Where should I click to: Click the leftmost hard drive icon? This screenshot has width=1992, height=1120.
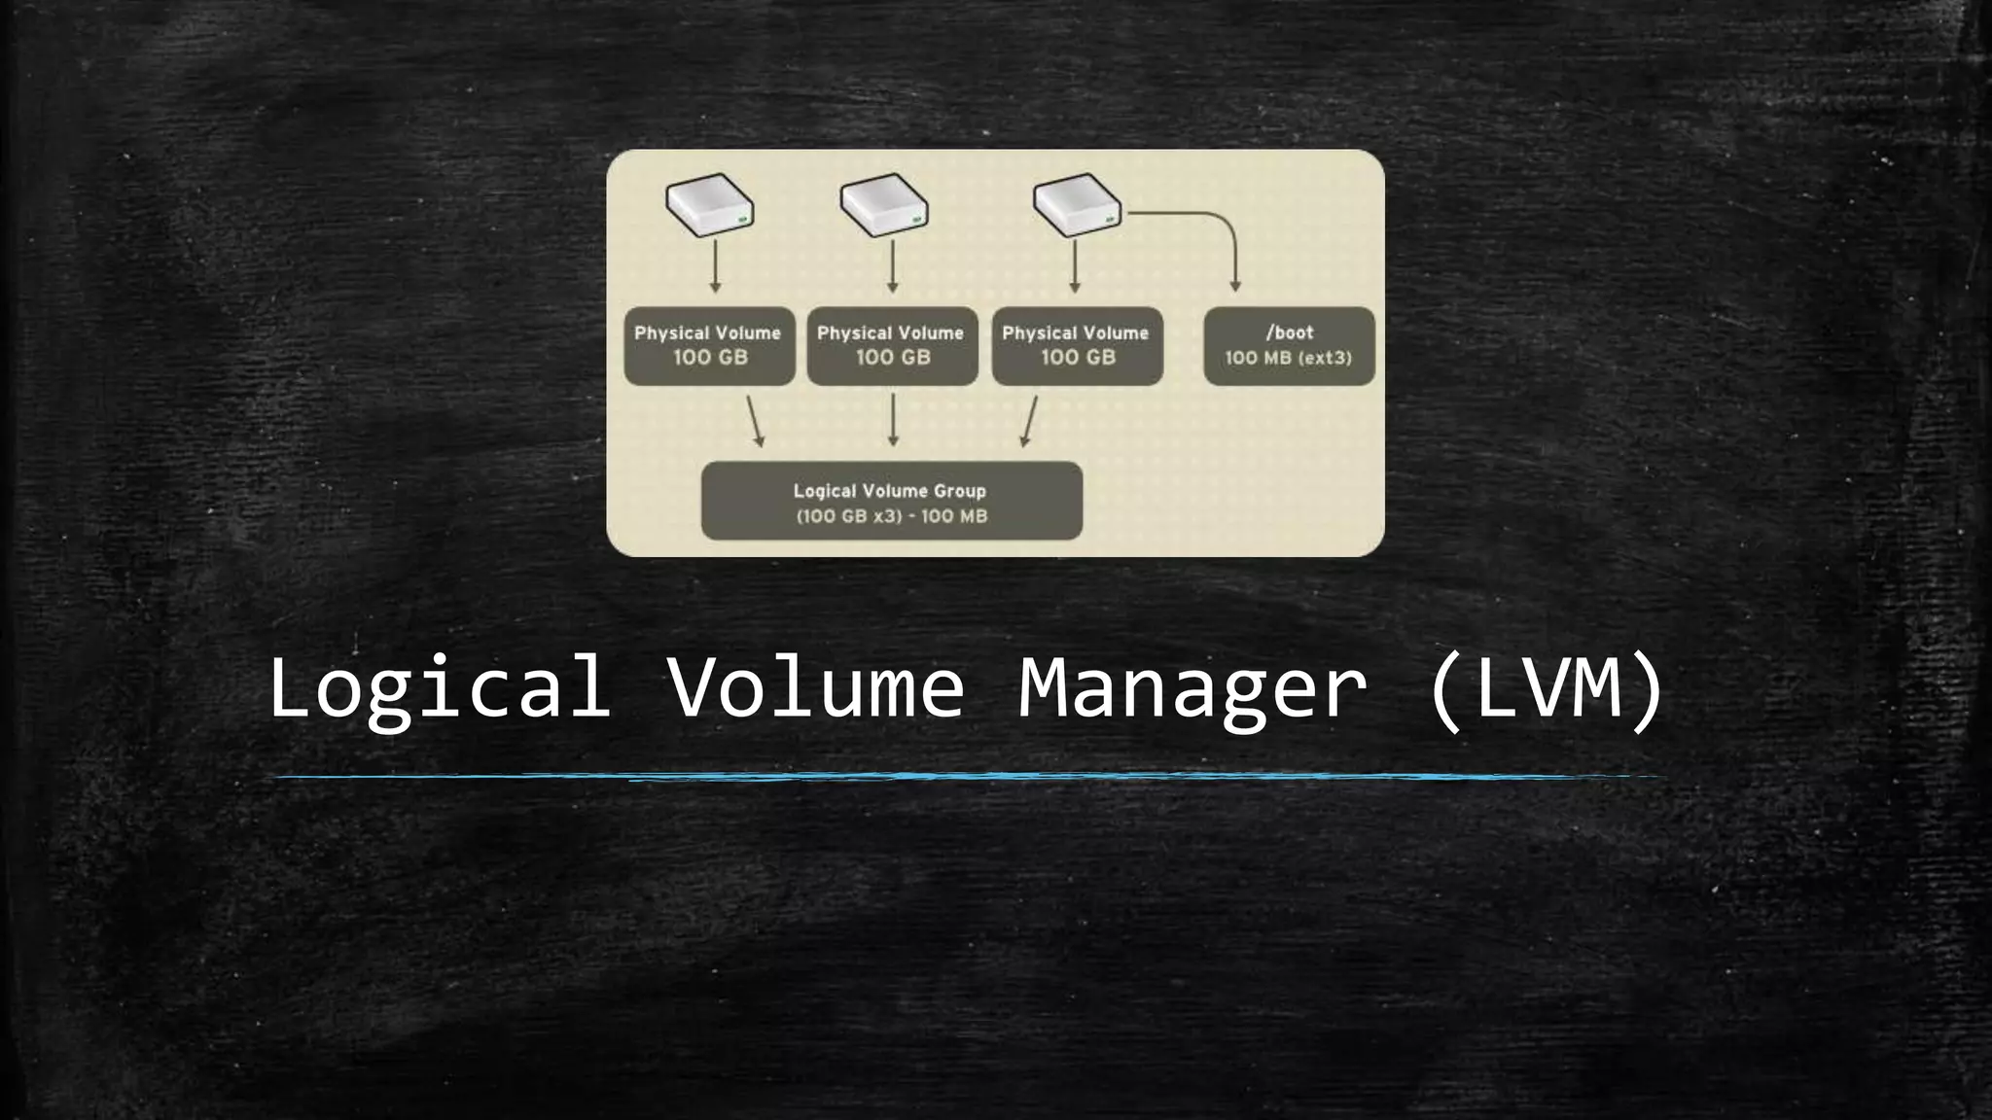point(709,205)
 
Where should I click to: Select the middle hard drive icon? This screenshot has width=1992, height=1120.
point(884,205)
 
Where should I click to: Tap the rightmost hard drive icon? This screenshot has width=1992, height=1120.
point(1077,205)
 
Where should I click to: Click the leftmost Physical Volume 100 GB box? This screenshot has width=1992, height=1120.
point(709,346)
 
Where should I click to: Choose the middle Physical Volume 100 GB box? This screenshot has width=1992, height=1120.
point(892,346)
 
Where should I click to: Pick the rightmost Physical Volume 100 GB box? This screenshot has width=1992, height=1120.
point(1077,346)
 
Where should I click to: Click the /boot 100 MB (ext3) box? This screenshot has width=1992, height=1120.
point(1289,346)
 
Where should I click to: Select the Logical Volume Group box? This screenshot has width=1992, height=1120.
point(891,501)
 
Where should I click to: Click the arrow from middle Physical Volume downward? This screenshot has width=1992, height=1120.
point(893,420)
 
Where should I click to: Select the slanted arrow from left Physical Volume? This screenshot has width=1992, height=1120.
point(755,421)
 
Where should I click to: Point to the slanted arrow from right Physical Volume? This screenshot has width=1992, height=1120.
point(1030,421)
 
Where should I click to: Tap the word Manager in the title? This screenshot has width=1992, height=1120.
point(1192,688)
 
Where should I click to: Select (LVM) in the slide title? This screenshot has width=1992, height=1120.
point(1547,688)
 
